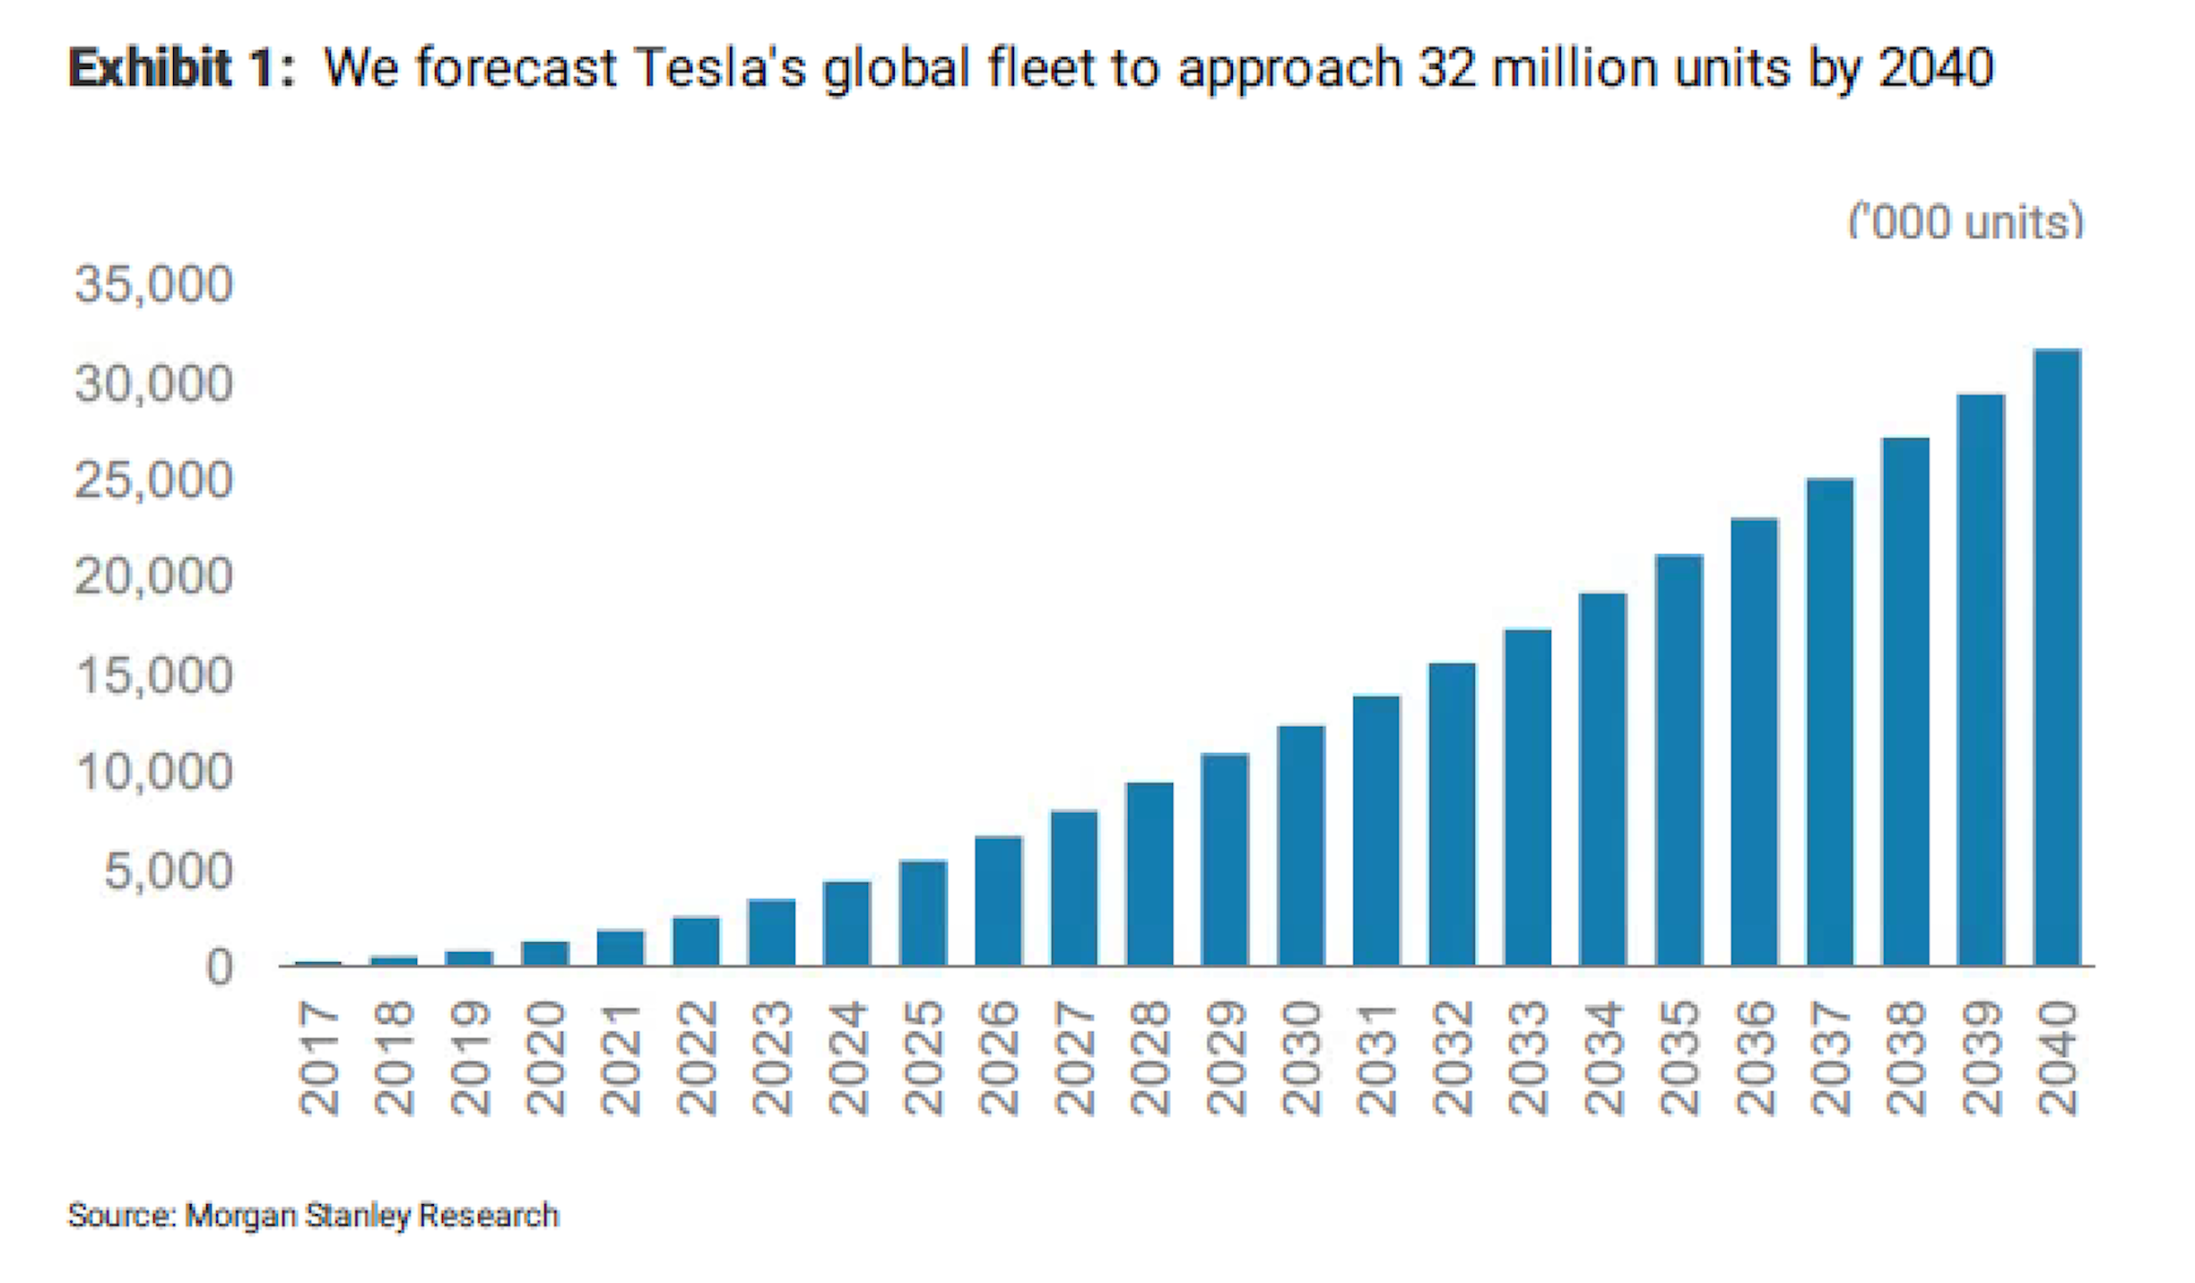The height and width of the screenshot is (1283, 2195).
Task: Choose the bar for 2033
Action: click(1527, 797)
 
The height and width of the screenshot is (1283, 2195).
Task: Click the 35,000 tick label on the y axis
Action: click(153, 284)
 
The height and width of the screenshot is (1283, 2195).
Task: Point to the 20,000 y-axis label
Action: click(153, 576)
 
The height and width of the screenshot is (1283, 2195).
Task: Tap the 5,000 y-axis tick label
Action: click(168, 870)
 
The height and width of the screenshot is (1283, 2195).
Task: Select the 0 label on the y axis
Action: click(219, 967)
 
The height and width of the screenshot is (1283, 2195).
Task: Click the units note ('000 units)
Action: click(1965, 221)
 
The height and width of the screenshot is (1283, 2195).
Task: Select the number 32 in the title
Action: click(1446, 68)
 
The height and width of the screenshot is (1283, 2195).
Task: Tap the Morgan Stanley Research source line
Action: click(313, 1216)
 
